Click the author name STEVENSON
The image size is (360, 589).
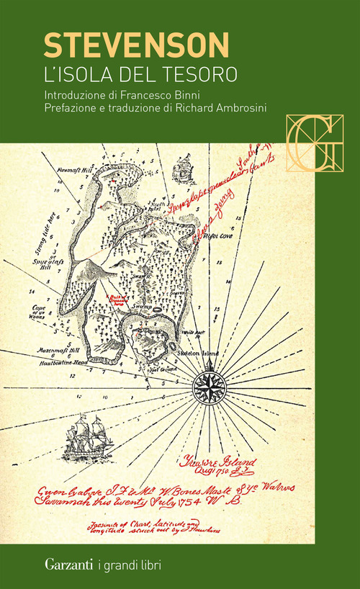pyautogui.click(x=135, y=45)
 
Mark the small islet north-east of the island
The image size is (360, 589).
pyautogui.click(x=184, y=170)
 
